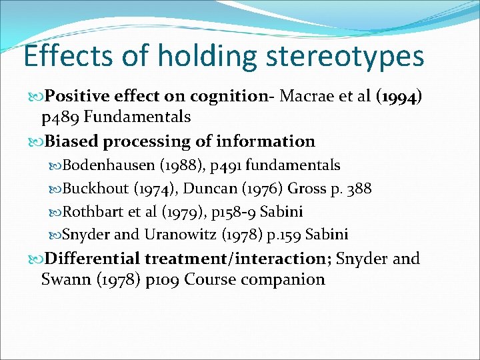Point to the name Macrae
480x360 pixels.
pos(305,97)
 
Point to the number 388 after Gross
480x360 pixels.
pos(359,189)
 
